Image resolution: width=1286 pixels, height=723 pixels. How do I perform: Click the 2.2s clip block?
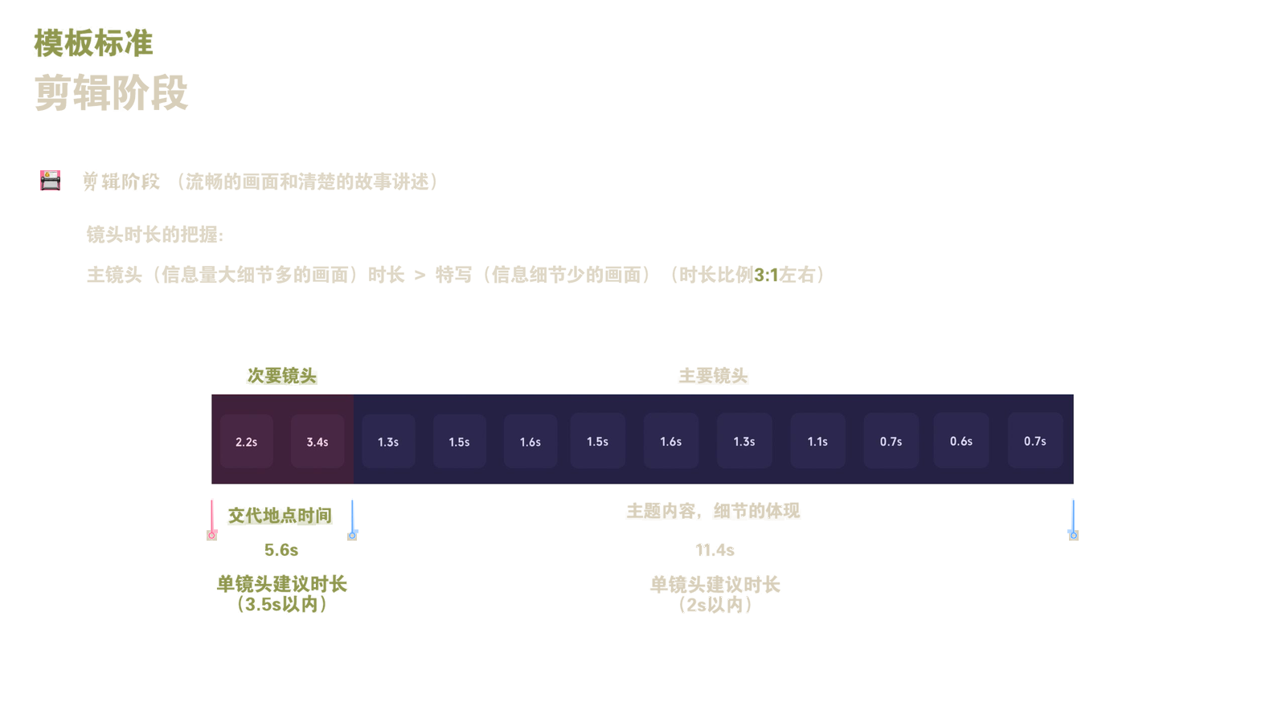coord(246,441)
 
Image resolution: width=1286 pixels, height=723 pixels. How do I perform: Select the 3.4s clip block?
coord(317,441)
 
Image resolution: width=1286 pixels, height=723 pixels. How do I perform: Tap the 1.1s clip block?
coord(817,441)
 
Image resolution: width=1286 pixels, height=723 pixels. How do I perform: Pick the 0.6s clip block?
coord(961,441)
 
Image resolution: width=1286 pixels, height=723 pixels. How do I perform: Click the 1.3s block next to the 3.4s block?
coord(388,441)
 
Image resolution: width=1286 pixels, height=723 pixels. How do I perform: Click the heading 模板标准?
coord(93,43)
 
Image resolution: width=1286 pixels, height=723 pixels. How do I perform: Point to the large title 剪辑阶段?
coord(112,92)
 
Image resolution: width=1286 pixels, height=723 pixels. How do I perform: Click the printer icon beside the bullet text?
coord(50,180)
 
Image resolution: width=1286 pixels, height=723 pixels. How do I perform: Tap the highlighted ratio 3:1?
coord(766,276)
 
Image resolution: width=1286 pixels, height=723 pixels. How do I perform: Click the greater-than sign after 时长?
coord(420,276)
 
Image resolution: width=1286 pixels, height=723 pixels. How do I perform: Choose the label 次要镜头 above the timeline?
coord(282,376)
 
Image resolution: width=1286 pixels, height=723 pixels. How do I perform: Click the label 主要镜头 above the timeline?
coord(713,376)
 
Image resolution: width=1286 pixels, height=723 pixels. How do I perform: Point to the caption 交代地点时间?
coord(281,515)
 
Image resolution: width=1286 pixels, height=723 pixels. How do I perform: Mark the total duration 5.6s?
coord(281,549)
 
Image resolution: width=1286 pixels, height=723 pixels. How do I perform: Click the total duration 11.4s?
coord(715,549)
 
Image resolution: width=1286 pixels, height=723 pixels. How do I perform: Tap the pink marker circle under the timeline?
coord(212,535)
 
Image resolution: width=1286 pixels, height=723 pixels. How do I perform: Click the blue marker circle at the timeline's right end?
coord(1073,535)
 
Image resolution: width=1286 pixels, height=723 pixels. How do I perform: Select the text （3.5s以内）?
coord(282,604)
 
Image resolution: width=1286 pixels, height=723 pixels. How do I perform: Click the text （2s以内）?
coord(715,605)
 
